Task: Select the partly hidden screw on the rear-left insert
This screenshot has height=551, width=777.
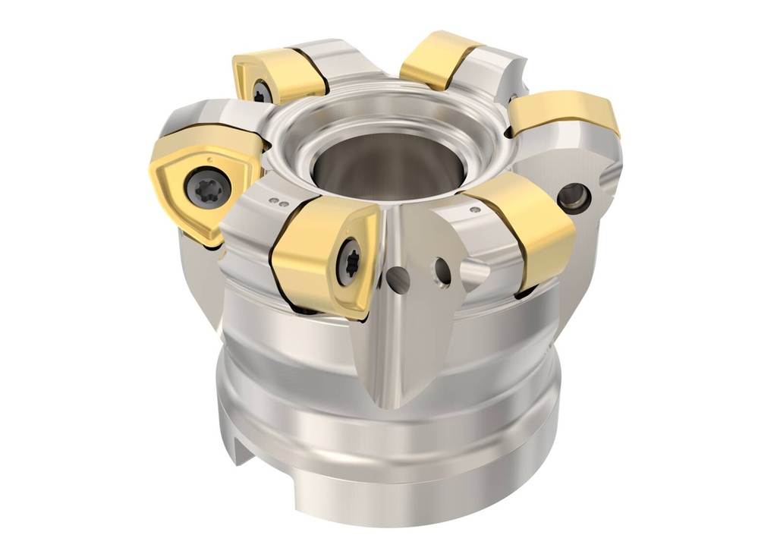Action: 261,92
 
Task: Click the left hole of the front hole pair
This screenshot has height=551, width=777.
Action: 398,279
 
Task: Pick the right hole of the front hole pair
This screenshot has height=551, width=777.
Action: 442,271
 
